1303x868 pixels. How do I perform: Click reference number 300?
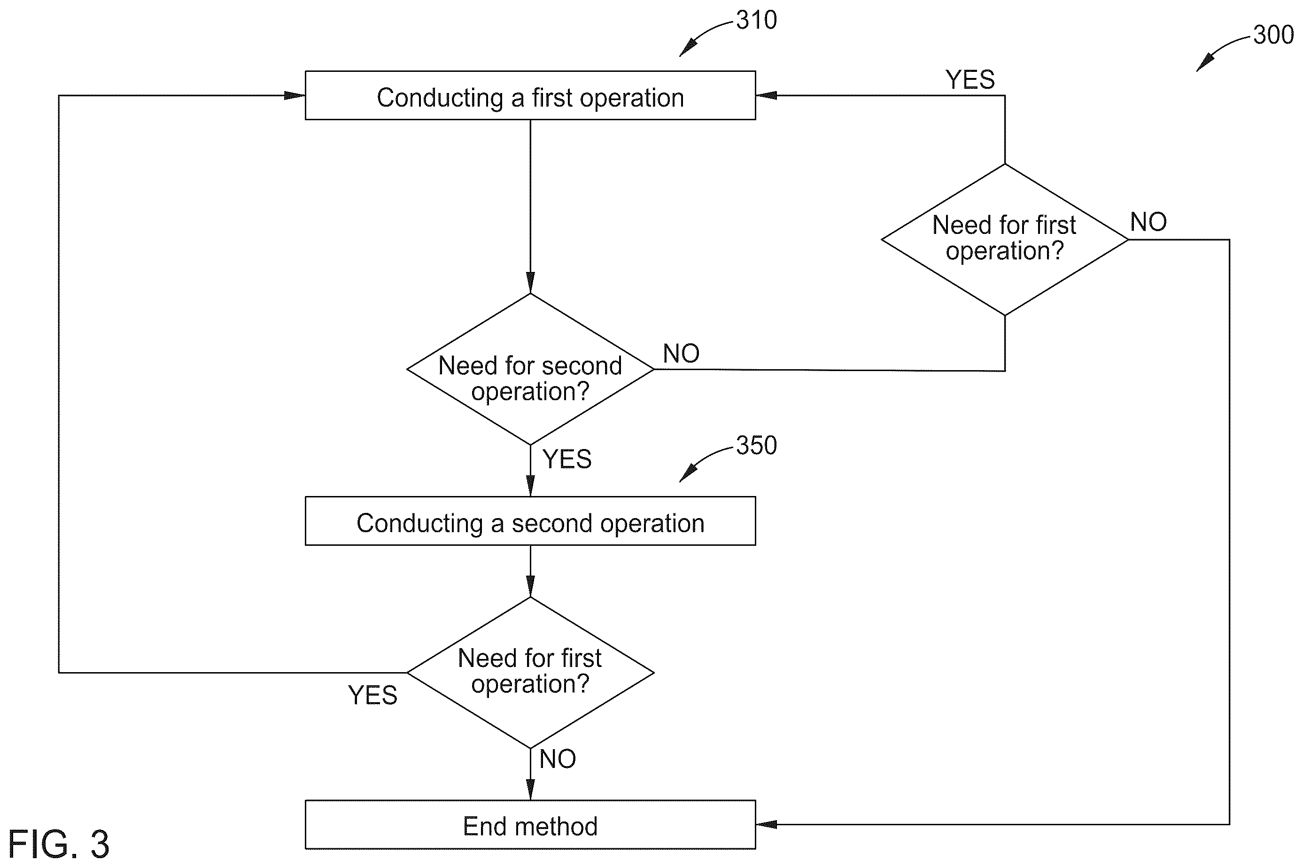[x=1273, y=35]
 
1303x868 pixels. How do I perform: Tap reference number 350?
[x=756, y=446]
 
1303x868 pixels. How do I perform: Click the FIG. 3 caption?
[x=59, y=844]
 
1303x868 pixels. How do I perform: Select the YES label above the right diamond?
[x=970, y=80]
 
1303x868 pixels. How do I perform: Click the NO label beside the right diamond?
[x=1148, y=222]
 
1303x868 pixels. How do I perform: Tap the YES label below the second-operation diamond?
[x=567, y=459]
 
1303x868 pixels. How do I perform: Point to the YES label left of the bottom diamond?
[x=372, y=695]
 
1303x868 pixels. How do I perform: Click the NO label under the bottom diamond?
[x=558, y=759]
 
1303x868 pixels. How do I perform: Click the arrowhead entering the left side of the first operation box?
[x=295, y=95]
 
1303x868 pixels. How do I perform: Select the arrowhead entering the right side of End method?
[x=766, y=824]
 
